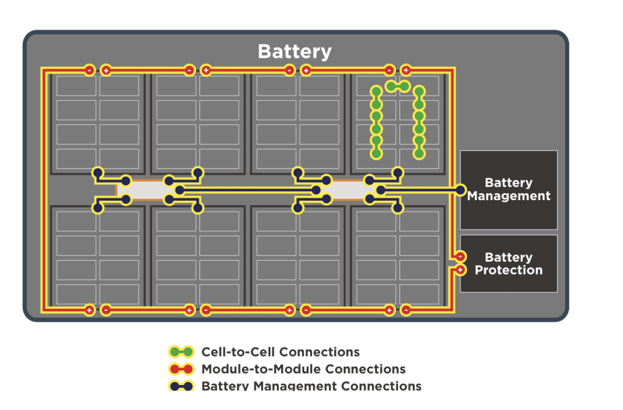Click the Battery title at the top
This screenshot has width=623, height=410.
pos(294,52)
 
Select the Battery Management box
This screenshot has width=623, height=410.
pos(508,190)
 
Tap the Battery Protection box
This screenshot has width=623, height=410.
pos(508,263)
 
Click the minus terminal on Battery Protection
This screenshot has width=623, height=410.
pos(460,256)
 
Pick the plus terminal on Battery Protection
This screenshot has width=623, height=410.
pos(460,270)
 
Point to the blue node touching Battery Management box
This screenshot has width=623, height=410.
pos(461,190)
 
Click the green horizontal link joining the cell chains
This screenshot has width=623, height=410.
pos(398,86)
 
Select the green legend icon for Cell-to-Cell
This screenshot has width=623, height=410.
pos(181,352)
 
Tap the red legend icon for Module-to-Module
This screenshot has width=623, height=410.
pos(181,369)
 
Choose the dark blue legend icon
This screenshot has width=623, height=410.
pos(181,386)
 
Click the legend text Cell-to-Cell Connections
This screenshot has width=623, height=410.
pos(280,352)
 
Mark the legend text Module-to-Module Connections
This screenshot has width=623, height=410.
pos(303,369)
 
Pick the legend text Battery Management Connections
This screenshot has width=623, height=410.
pos(311,386)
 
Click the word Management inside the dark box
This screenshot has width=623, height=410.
pos(508,196)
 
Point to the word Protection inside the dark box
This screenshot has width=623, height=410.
pos(508,270)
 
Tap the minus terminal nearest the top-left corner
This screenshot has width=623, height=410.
pos(89,70)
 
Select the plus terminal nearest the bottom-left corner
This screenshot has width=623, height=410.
pos(89,310)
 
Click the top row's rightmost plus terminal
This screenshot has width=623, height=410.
pos(406,70)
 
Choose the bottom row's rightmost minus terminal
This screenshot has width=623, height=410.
pos(406,310)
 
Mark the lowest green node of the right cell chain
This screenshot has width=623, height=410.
pos(419,153)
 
